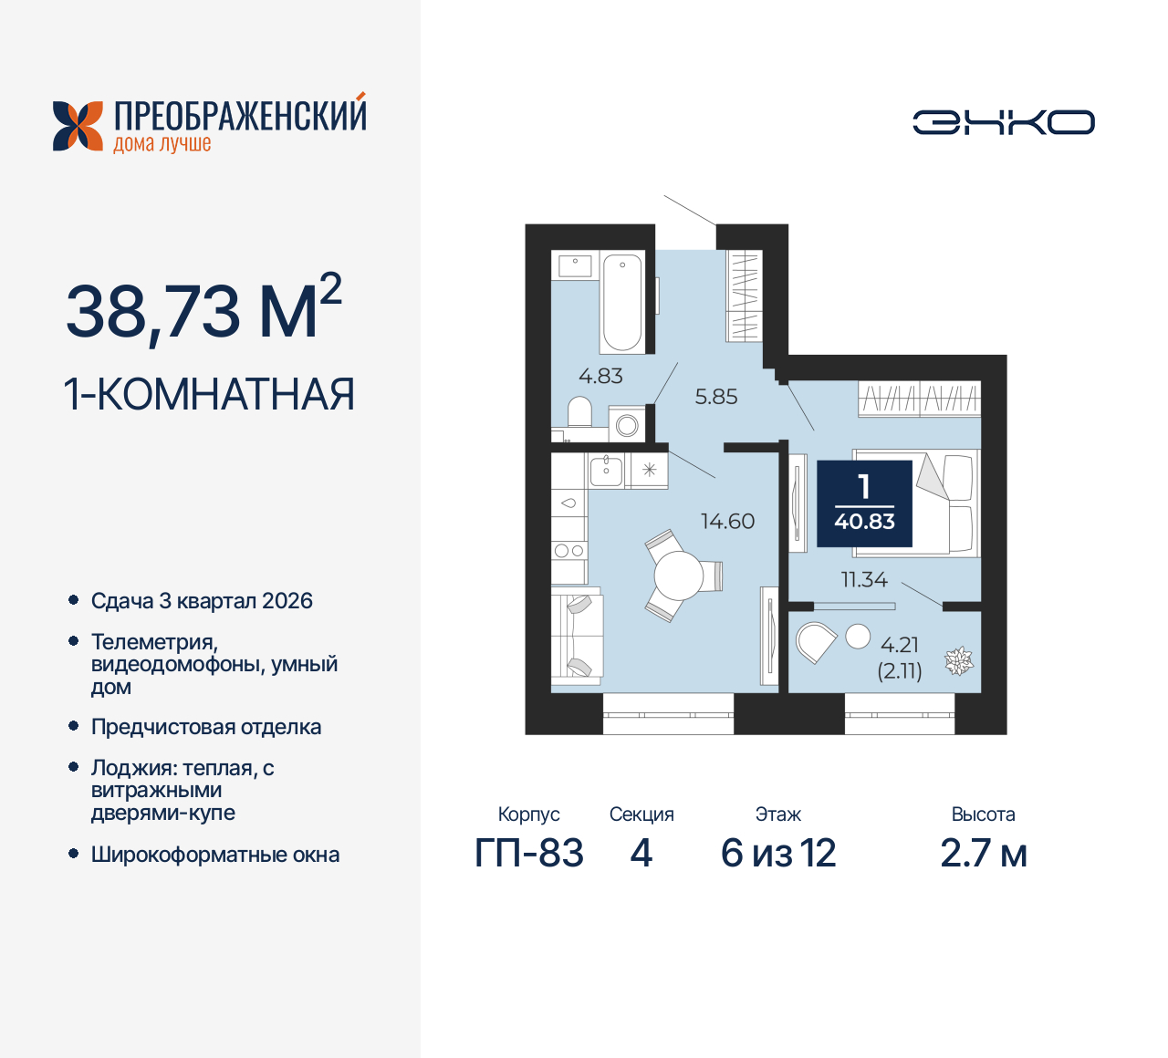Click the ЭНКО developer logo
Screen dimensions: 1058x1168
click(x=1003, y=122)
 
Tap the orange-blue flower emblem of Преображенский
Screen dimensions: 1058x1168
click(x=78, y=126)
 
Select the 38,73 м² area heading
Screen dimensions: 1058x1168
click(x=203, y=310)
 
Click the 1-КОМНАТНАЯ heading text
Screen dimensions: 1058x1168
click(x=209, y=395)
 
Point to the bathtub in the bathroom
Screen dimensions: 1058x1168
click(x=621, y=302)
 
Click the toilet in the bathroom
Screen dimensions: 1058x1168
click(x=579, y=412)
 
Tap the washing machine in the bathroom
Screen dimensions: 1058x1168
click(x=627, y=424)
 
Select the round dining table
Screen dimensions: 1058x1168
click(x=678, y=576)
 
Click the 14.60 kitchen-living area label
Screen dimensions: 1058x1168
click(x=727, y=521)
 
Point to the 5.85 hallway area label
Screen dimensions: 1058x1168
click(x=715, y=397)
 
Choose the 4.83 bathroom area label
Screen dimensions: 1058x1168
click(x=600, y=376)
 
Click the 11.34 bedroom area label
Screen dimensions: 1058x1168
click(x=863, y=579)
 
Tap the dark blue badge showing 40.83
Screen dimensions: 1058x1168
click(x=864, y=503)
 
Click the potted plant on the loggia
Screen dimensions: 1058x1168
click(x=958, y=660)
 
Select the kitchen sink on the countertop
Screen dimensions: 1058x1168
click(x=606, y=471)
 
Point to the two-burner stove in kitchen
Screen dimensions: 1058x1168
click(x=568, y=550)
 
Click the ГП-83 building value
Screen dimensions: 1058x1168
click(x=528, y=854)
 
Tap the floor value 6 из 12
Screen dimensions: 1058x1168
click(x=777, y=854)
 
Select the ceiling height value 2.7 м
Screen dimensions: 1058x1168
click(x=983, y=854)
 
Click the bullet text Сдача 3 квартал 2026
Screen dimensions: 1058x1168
click(x=202, y=601)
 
